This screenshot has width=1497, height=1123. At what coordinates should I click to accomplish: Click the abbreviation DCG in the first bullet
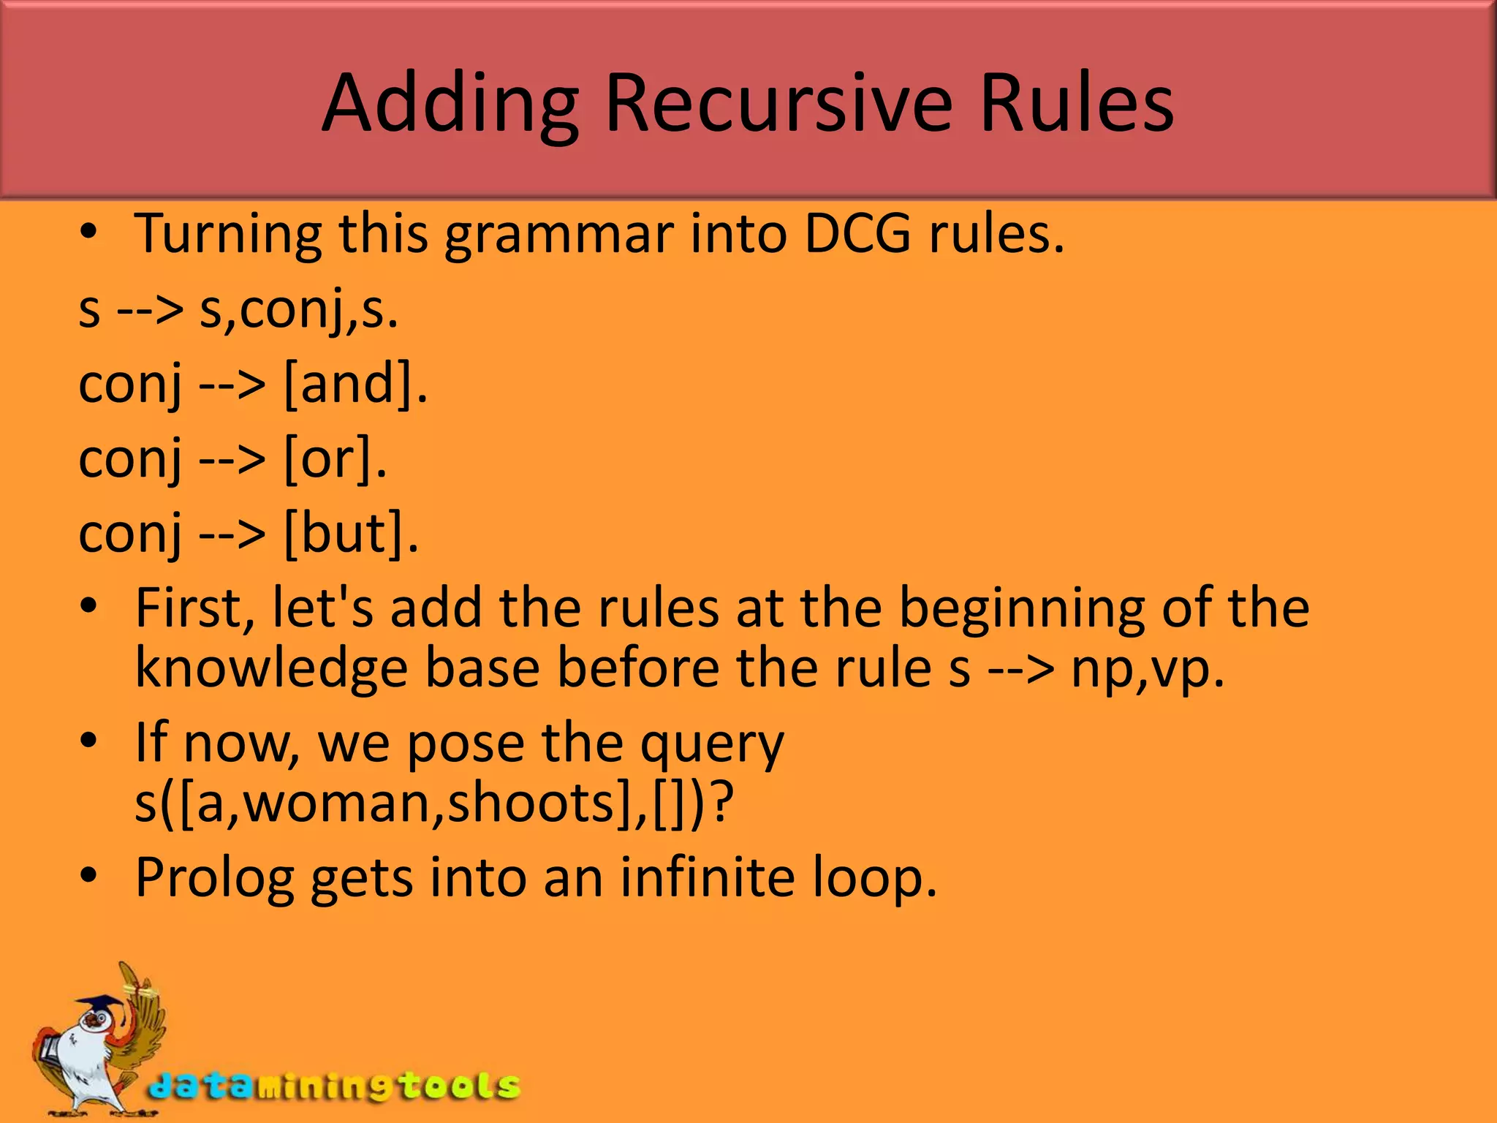tap(857, 234)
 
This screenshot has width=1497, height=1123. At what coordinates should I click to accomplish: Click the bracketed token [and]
tap(355, 385)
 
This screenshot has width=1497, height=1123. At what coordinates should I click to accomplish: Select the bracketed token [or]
tap(334, 459)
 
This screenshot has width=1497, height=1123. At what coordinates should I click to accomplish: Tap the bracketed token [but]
tap(350, 534)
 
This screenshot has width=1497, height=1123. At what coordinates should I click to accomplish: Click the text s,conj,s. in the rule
tap(299, 310)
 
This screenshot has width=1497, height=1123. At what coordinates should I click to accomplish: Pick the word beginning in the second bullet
tap(1021, 608)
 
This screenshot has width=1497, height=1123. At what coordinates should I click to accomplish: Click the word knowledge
tap(271, 668)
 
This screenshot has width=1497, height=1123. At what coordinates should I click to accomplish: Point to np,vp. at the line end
tap(1147, 670)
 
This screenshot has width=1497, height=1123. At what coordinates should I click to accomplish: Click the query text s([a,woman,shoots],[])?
tap(434, 803)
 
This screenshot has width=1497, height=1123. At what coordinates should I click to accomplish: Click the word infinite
tap(707, 877)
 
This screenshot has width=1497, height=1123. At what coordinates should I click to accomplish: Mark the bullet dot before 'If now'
tap(88, 741)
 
